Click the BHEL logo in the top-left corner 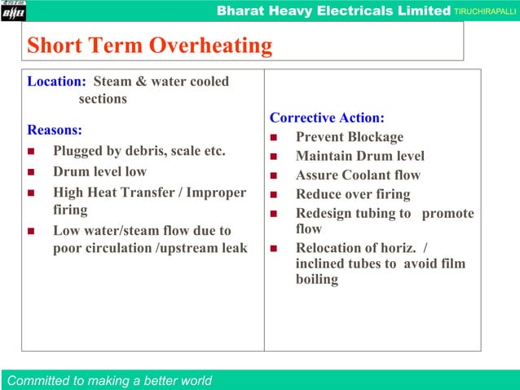click(14, 10)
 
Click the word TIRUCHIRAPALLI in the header click(486, 11)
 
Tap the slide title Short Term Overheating click(149, 46)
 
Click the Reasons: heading click(55, 130)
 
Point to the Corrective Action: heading click(327, 117)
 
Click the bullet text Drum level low click(99, 171)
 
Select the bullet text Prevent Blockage click(349, 137)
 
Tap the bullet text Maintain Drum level click(359, 156)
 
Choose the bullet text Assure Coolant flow click(358, 175)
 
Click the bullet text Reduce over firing click(353, 194)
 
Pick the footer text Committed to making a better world click(109, 380)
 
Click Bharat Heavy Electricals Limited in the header click(334, 11)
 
